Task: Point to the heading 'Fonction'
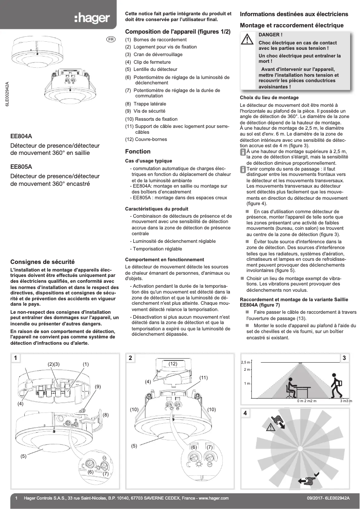tap(137, 151)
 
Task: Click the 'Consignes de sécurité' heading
tap(42, 261)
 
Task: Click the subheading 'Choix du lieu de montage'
tap(269, 97)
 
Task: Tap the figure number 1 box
tap(16, 358)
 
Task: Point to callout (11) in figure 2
tap(203, 377)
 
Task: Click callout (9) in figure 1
tap(97, 386)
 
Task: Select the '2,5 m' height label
tap(246, 362)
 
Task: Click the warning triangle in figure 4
tap(271, 427)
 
